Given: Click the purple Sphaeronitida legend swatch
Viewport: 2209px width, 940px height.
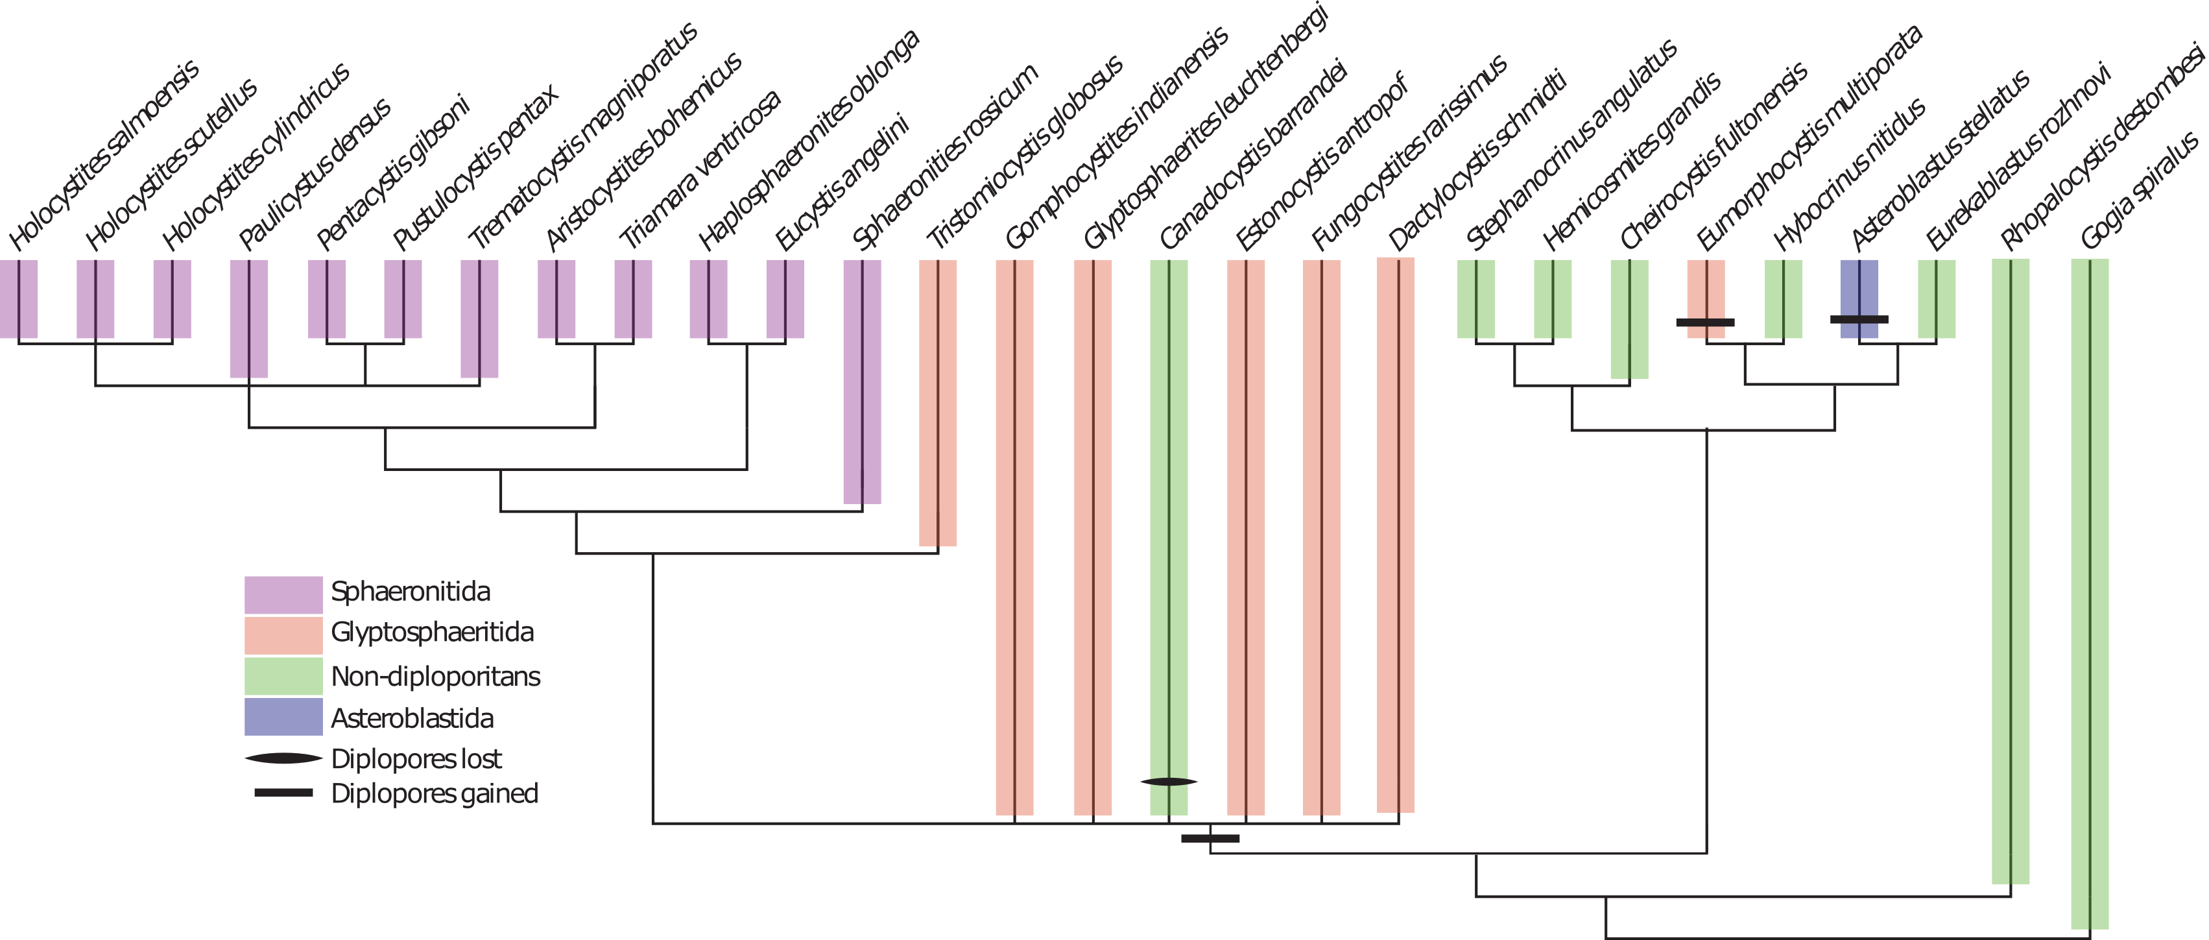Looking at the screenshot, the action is point(283,594).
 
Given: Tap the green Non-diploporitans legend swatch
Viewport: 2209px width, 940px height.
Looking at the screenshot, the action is point(283,676).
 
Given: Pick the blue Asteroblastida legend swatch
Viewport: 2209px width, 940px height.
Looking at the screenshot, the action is point(283,716).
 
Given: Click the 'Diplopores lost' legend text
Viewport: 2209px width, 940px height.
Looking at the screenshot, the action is point(416,759).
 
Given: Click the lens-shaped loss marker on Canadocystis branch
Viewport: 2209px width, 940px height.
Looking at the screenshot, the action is point(1169,781).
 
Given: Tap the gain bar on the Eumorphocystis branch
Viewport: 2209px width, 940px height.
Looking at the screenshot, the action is point(1706,322).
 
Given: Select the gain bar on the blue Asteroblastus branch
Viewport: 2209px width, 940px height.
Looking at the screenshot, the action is point(1859,319).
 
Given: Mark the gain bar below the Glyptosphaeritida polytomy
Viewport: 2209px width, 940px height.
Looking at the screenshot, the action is point(1210,838).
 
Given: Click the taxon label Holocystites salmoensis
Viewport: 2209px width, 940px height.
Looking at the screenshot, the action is point(104,155).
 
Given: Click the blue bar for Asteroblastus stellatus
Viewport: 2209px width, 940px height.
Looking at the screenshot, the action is point(1859,298).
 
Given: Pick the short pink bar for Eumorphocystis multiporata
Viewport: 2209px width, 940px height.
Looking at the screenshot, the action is point(1706,298).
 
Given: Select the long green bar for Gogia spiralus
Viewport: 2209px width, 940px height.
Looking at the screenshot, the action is point(2090,594).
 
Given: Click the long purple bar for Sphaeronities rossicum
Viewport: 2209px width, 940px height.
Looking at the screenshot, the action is point(862,381).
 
